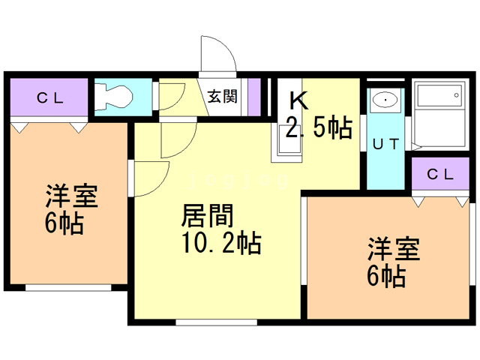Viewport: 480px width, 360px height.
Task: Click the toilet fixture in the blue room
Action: pyautogui.click(x=117, y=96)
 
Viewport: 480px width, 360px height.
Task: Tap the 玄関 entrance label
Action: pyautogui.click(x=223, y=96)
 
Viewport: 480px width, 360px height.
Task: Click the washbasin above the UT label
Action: pyautogui.click(x=385, y=100)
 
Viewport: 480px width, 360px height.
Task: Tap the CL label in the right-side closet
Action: pyautogui.click(x=440, y=175)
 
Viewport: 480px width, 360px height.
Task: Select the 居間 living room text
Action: pyautogui.click(x=208, y=217)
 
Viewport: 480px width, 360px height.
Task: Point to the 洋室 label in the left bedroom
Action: pyautogui.click(x=71, y=196)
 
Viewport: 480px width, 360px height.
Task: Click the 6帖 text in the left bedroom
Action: pyautogui.click(x=65, y=223)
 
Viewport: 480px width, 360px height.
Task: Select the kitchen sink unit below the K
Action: pyautogui.click(x=289, y=140)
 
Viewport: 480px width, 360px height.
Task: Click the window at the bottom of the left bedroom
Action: pyautogui.click(x=68, y=287)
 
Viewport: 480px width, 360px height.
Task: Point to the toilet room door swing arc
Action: pyautogui.click(x=171, y=97)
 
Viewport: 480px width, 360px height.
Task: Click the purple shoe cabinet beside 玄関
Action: pyautogui.click(x=253, y=96)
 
